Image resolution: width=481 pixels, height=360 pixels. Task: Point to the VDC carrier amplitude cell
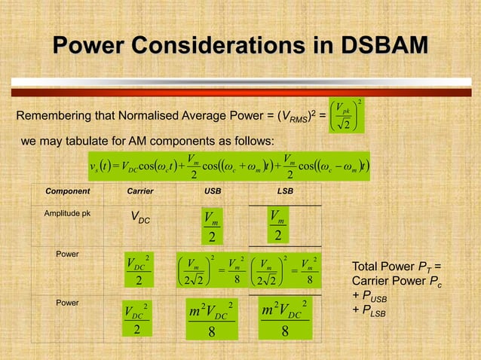[x=139, y=219]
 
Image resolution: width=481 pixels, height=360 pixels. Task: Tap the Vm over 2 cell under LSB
[x=278, y=225]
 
